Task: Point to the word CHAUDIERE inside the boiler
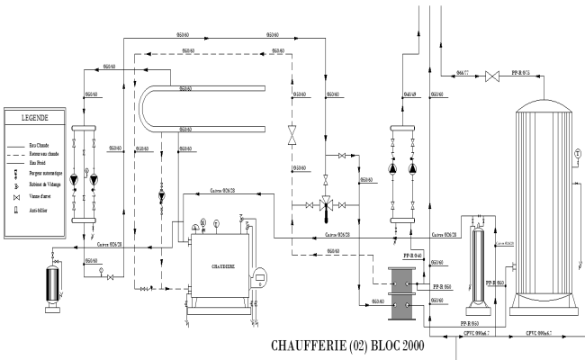coord(220,265)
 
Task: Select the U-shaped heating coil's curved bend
coord(148,107)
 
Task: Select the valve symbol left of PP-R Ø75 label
coord(491,76)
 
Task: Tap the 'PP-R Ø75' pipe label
coord(521,70)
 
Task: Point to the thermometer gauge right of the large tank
coord(576,153)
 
